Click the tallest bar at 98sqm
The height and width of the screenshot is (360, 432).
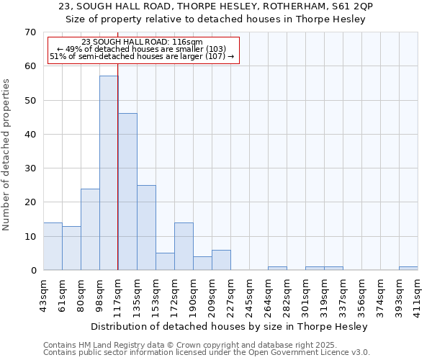(109, 173)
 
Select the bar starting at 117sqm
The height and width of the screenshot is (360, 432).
(127, 192)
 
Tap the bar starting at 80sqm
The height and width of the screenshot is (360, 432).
(90, 229)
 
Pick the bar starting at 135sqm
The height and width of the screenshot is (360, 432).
(146, 228)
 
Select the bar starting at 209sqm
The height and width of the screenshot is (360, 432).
(221, 260)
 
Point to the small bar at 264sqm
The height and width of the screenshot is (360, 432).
(277, 269)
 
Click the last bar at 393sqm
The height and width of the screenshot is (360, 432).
(408, 269)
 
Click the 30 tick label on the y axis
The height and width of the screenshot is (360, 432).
(30, 168)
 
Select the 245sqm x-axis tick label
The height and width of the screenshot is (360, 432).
(250, 293)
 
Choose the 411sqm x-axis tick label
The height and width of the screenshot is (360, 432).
(418, 293)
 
